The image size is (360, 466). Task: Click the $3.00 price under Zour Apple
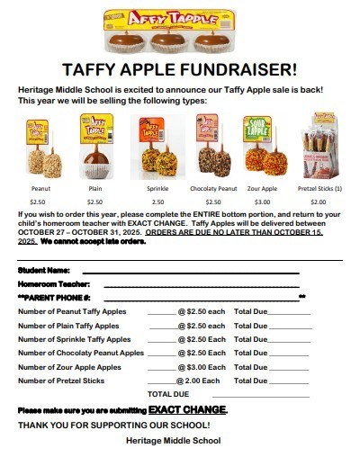262,202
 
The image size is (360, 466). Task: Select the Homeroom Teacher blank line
202,284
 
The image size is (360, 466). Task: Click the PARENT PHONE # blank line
208,298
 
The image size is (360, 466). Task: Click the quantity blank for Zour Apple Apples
162,369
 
